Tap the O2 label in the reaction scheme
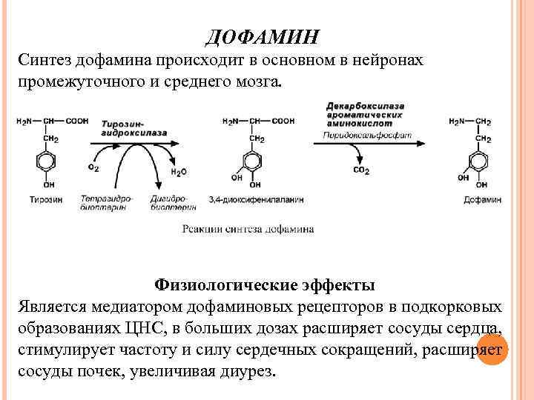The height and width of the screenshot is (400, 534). [93, 168]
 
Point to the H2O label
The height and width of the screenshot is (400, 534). [179, 173]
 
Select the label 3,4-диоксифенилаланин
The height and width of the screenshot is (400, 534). [257, 199]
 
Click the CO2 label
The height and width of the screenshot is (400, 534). [361, 170]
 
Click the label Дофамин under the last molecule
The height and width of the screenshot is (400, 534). [482, 199]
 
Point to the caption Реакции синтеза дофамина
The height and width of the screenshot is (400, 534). [248, 229]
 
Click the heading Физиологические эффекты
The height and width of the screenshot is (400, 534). [265, 285]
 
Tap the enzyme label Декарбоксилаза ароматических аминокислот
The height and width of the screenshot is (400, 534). [364, 116]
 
